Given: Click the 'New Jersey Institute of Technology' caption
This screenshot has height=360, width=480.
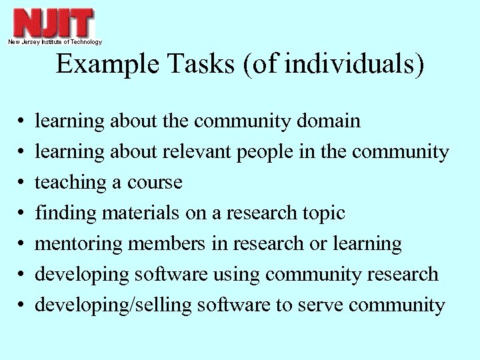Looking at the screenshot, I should (x=55, y=42).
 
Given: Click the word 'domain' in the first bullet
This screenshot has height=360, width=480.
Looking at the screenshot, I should (x=328, y=121).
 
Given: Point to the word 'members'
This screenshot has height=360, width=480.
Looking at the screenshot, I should (x=166, y=244).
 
